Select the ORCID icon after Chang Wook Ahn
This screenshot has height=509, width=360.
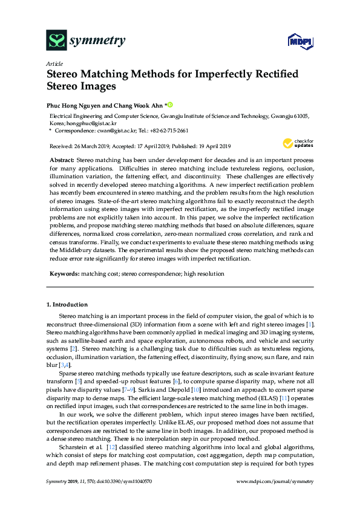[170, 104]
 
